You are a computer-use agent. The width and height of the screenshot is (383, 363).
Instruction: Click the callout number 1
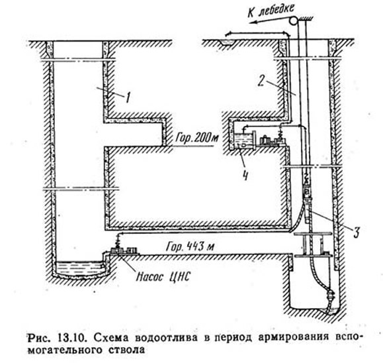tap(127, 97)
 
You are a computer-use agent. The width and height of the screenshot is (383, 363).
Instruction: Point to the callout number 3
tap(357, 232)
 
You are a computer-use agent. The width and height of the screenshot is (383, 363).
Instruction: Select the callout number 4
tap(245, 175)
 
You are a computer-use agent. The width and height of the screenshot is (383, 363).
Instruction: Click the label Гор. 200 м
tap(196, 138)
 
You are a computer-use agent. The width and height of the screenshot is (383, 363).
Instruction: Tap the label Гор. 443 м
tap(190, 246)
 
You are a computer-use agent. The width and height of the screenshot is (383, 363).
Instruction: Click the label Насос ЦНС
tap(163, 277)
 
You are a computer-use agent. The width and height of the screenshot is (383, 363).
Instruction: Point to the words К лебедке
tap(271, 11)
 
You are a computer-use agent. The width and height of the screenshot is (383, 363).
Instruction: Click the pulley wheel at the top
tap(293, 20)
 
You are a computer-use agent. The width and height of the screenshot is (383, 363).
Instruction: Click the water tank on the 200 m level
tap(243, 140)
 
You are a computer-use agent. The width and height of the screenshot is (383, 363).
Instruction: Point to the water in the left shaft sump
tap(80, 268)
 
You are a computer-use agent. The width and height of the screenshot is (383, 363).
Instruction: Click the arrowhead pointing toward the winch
tap(253, 23)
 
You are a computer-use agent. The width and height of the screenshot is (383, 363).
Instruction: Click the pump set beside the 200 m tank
tap(272, 141)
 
